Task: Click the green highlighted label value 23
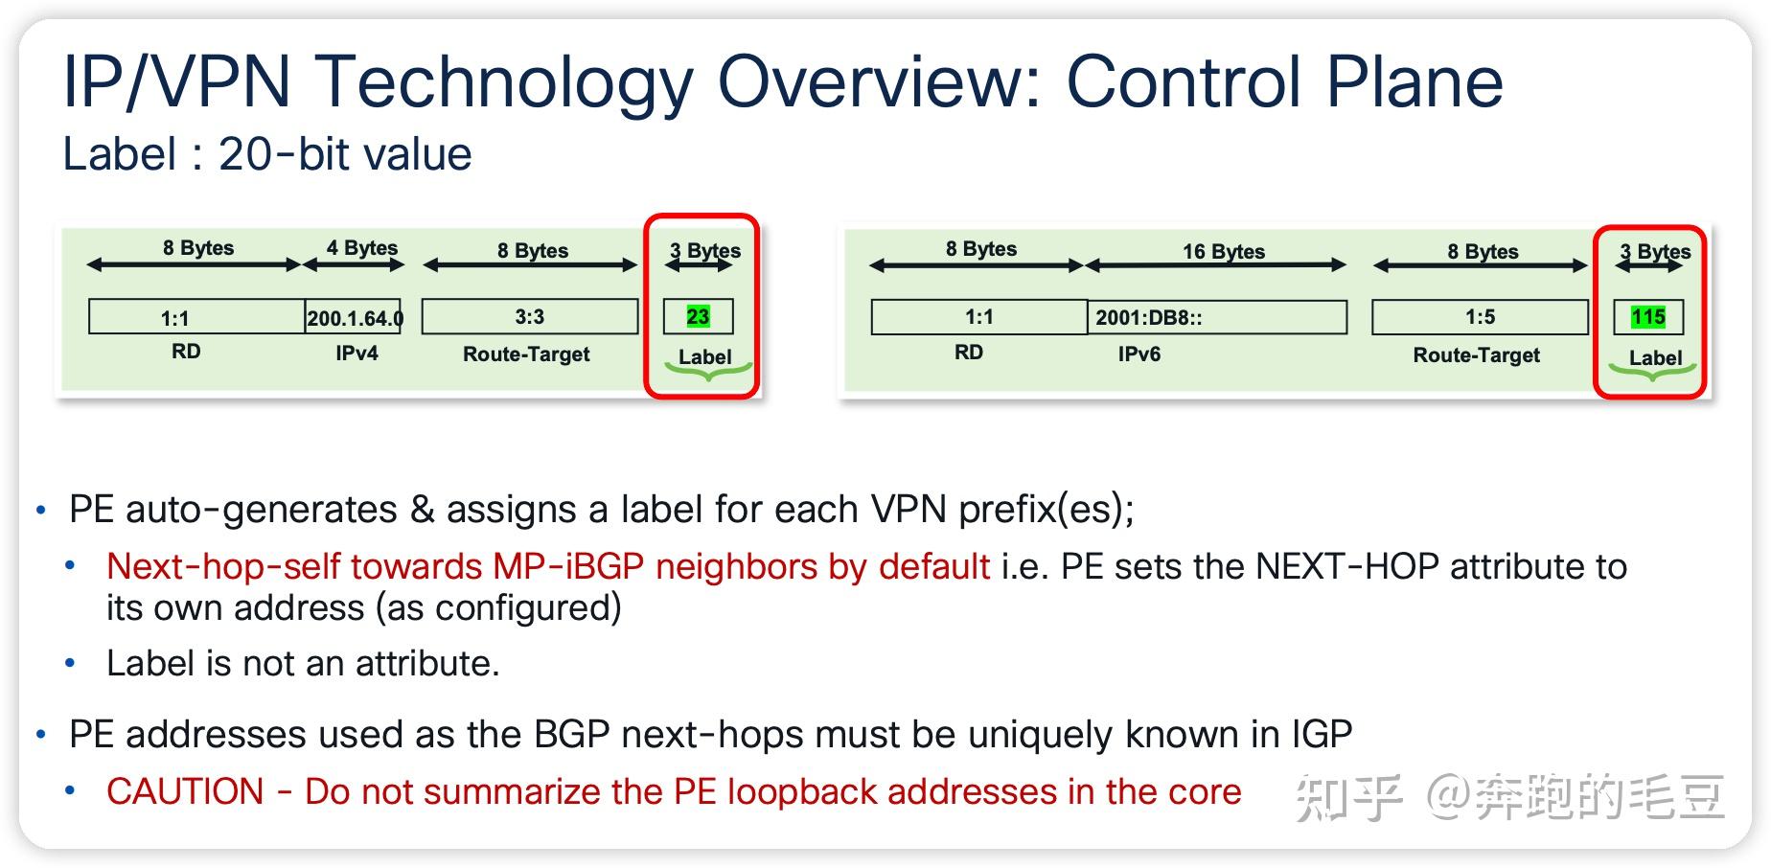[698, 317]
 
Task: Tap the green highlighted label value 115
[1648, 317]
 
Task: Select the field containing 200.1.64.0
[354, 317]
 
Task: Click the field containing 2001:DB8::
[1217, 317]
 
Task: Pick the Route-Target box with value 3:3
[530, 317]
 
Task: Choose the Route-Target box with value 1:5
[1480, 317]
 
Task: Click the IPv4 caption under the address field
[356, 354]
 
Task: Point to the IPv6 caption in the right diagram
[1138, 354]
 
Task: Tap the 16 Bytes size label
[1224, 252]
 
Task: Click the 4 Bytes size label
[362, 248]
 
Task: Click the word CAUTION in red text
[185, 792]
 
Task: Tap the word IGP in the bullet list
[1322, 735]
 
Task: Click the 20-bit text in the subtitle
[285, 154]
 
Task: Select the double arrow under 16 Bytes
[1216, 265]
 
